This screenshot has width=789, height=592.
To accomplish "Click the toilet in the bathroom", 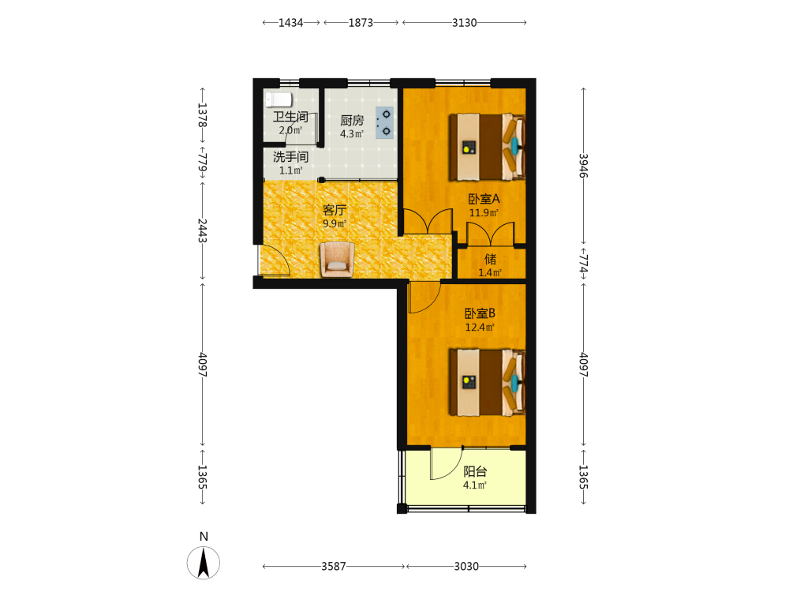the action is pos(279,99).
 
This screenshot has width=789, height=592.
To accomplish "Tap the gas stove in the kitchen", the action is pos(385,123).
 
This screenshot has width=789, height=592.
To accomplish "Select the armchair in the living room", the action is pos(337,259).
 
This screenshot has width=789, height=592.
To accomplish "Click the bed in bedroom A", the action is pos(487,147).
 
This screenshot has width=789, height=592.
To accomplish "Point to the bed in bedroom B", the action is pos(487,382).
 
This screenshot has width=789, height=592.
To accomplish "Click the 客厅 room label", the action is pos(335,209).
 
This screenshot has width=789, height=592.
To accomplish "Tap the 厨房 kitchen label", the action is pos(352,120).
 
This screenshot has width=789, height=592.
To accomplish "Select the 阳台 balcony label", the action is pos(475,472).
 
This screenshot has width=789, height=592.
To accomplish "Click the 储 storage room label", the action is pos(490,259).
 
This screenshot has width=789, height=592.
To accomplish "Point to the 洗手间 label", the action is pos(290,157).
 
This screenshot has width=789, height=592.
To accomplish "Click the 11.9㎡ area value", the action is pos(484,213).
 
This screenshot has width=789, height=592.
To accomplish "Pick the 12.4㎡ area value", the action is pos(480,328).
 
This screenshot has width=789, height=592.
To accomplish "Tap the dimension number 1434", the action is pos(291,23).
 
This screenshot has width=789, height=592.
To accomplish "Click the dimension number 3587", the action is pos(334,566).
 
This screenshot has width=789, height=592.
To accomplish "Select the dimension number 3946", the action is pos(583,166).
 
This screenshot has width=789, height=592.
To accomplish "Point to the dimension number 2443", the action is pos(202,230).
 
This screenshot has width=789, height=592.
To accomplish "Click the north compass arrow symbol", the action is pos(204,563).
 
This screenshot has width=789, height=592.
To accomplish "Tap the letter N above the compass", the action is pos(204,537).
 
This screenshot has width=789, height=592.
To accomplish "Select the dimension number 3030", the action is pos(466,566).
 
